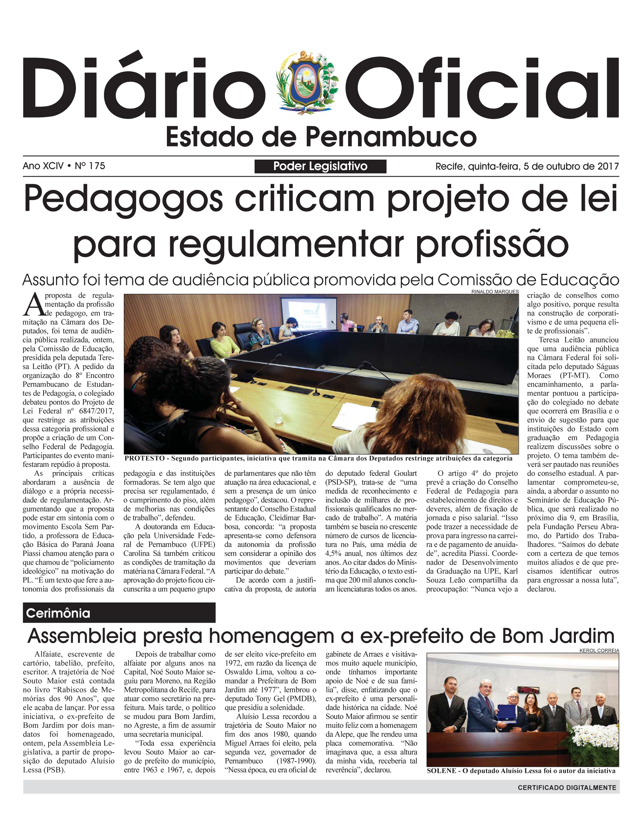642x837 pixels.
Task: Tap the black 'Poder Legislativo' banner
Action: [320, 166]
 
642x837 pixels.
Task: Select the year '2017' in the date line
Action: [608, 166]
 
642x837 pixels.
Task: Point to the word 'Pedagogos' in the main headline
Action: [123, 199]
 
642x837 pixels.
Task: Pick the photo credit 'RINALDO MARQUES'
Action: [495, 292]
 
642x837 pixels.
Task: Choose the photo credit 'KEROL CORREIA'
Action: [599, 650]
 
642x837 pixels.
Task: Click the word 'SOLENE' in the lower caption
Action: [441, 771]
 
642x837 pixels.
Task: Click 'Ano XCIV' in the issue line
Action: [43, 166]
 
